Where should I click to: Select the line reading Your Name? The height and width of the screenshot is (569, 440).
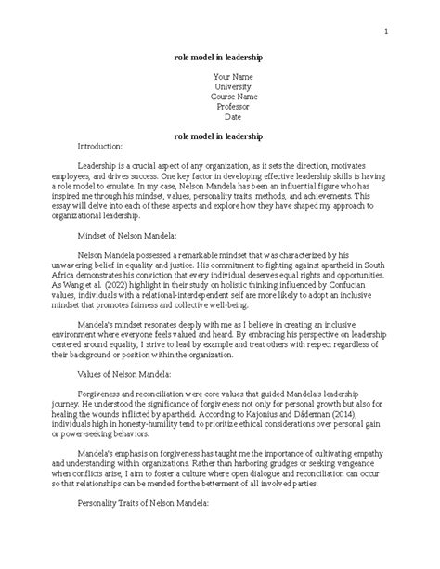(x=219, y=75)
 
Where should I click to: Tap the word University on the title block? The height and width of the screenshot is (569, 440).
(x=219, y=85)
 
